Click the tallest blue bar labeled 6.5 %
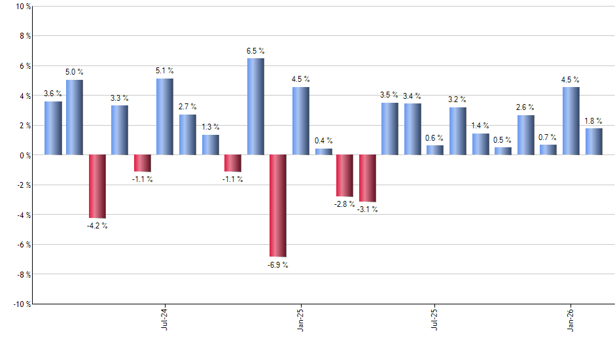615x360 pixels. click(255, 107)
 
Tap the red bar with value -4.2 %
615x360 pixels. click(97, 186)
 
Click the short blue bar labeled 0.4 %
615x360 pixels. click(323, 152)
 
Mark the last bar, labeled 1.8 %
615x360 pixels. click(593, 141)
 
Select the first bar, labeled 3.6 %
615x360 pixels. click(53, 128)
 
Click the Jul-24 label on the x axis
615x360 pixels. click(164, 318)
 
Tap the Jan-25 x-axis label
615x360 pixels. click(300, 318)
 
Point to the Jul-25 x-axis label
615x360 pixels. click(435, 318)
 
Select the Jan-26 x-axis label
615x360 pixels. click(571, 318)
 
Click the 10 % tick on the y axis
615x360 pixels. click(22, 7)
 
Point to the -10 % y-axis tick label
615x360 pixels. click(21, 304)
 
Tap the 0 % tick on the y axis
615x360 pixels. click(25, 156)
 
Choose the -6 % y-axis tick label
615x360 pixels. click(23, 245)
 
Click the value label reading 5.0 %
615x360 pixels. click(75, 72)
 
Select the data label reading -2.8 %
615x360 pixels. click(345, 204)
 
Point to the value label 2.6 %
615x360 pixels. click(525, 107)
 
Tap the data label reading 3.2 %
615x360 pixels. click(457, 99)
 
